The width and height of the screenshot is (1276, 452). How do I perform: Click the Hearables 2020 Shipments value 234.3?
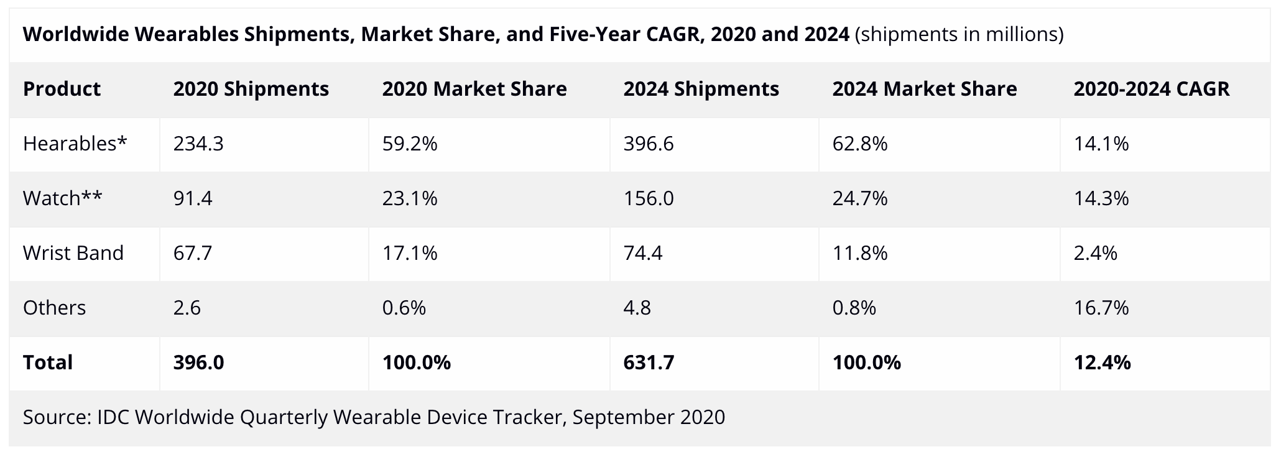click(x=198, y=144)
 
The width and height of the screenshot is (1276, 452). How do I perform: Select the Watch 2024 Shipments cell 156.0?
click(x=649, y=198)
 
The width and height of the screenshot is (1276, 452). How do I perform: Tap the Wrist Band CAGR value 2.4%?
click(x=1095, y=253)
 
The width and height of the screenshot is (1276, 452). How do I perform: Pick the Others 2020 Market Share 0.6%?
click(x=404, y=308)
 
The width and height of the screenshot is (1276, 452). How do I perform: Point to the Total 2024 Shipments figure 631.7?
click(x=649, y=362)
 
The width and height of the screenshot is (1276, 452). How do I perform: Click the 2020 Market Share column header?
click(x=474, y=89)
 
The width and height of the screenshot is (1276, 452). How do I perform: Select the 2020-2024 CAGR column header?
click(x=1152, y=89)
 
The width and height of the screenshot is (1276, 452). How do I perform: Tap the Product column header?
click(x=62, y=89)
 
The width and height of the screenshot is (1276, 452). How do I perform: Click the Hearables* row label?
click(x=75, y=144)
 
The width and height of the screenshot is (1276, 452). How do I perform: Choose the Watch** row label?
click(x=62, y=198)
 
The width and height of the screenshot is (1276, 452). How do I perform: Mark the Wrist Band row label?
click(x=73, y=253)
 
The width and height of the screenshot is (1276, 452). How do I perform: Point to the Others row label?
click(x=54, y=308)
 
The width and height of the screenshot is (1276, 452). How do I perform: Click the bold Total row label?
click(x=48, y=362)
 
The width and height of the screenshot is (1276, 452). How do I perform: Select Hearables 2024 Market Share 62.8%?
click(x=860, y=144)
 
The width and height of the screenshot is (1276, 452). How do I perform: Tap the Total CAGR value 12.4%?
click(x=1102, y=362)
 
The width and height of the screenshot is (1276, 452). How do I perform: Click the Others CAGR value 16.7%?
click(x=1101, y=308)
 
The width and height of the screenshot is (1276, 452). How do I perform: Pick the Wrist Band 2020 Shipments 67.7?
click(x=193, y=253)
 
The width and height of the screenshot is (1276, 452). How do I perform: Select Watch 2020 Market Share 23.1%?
click(x=410, y=198)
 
